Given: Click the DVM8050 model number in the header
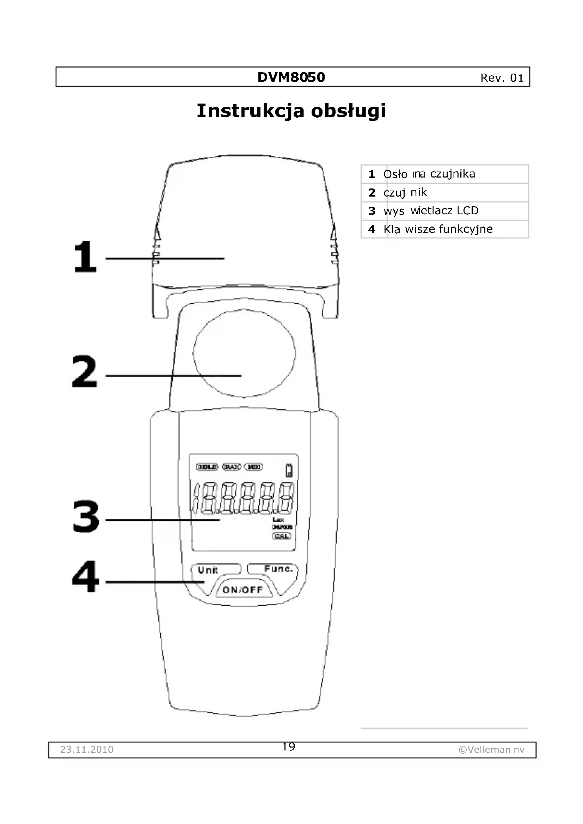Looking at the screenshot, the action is tap(291, 77).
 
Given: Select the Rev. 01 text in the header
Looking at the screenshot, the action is tap(502, 78).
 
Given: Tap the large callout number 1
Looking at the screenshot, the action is tap(85, 257).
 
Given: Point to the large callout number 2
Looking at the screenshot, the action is tap(85, 372).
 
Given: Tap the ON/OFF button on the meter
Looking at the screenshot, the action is tap(243, 590).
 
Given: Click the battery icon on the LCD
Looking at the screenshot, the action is tap(289, 470).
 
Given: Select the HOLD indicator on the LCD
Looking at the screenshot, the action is tap(207, 467).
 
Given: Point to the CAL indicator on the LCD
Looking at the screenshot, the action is tap(281, 536).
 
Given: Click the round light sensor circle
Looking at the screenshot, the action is tap(244, 353).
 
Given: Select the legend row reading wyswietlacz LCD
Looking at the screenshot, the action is tap(431, 211).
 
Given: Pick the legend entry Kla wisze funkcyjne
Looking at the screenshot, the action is tap(438, 229).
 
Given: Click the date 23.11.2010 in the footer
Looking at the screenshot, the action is tap(87, 750).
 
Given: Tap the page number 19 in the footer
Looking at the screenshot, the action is tap(288, 747).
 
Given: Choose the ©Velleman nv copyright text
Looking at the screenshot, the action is tap(491, 750).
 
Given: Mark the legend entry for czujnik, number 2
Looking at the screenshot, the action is tap(405, 192).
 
